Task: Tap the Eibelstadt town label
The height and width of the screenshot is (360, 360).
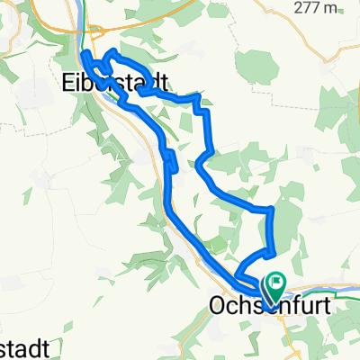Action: [117, 82]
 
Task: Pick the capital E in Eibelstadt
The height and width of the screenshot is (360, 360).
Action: [70, 82]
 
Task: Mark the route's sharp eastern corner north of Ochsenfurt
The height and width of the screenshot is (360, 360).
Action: [271, 209]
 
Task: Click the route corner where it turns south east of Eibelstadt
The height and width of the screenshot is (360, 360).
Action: [207, 110]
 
